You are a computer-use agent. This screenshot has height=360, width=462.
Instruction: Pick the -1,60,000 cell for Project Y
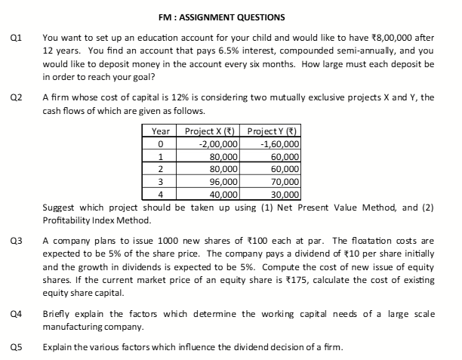pyautogui.click(x=279, y=144)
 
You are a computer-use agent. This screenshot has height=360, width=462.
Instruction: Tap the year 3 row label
pyautogui.click(x=160, y=182)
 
